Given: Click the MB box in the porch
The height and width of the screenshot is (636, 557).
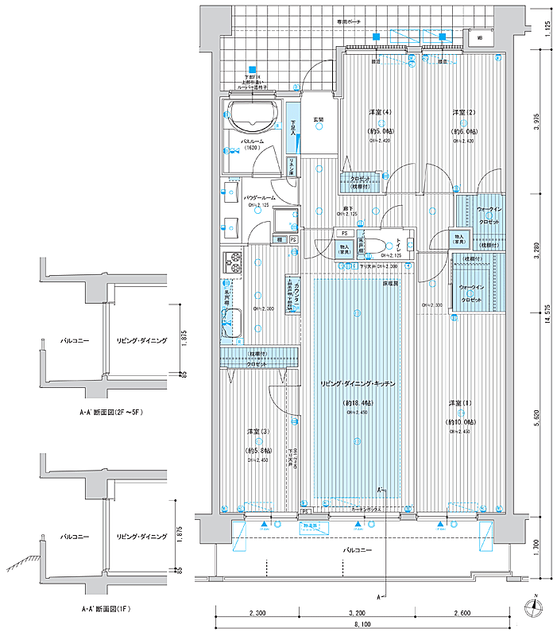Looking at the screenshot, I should point(479,37).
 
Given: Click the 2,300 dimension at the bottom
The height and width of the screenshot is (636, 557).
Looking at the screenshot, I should point(256,614).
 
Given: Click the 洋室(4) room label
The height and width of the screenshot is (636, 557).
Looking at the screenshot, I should point(380,111).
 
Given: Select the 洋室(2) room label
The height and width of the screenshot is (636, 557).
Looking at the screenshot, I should point(464,111).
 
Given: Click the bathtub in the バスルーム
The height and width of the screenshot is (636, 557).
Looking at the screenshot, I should point(253,117).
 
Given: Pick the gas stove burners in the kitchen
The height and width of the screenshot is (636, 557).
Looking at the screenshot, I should point(234,262).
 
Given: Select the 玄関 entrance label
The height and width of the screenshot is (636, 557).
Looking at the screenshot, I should point(318,120).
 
